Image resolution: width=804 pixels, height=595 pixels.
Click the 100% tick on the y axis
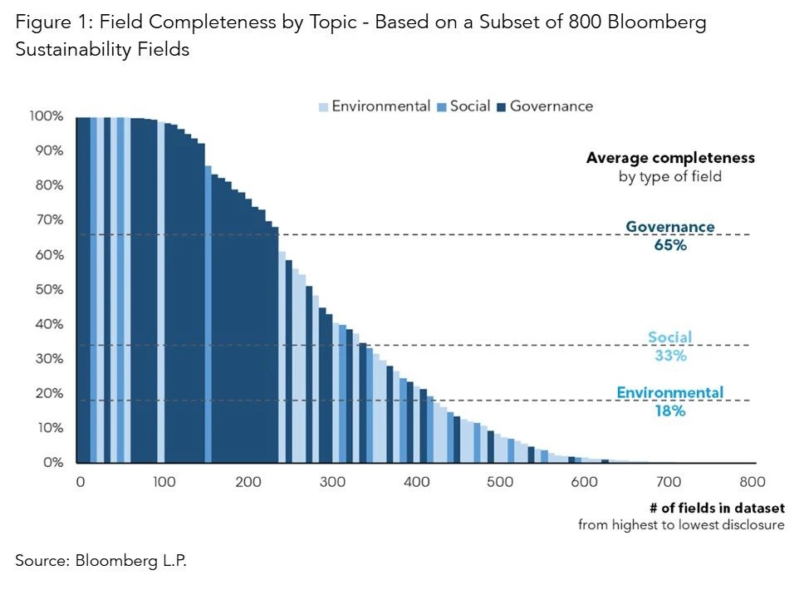coord(47,116)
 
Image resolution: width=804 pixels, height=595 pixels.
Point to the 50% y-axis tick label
coord(49,289)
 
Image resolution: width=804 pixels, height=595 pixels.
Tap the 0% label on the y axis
coord(52,462)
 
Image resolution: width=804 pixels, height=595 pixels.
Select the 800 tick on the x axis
coord(753,482)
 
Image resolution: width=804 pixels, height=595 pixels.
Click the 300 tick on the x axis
coord(333,482)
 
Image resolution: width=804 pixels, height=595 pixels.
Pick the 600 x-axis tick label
coord(585,482)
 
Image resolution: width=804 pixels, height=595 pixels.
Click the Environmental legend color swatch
coord(324,106)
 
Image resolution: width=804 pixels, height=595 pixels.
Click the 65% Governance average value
coord(669,246)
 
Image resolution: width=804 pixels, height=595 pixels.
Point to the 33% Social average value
coord(669,356)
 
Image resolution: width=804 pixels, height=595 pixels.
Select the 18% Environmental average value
coord(669,410)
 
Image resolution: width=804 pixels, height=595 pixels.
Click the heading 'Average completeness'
coord(670,157)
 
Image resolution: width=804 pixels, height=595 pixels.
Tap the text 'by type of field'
coord(670,176)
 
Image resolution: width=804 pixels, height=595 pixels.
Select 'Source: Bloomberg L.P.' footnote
coord(101,560)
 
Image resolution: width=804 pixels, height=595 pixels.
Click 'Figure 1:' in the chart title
coord(51,22)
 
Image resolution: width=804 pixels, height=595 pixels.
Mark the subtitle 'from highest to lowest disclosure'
coord(681,525)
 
